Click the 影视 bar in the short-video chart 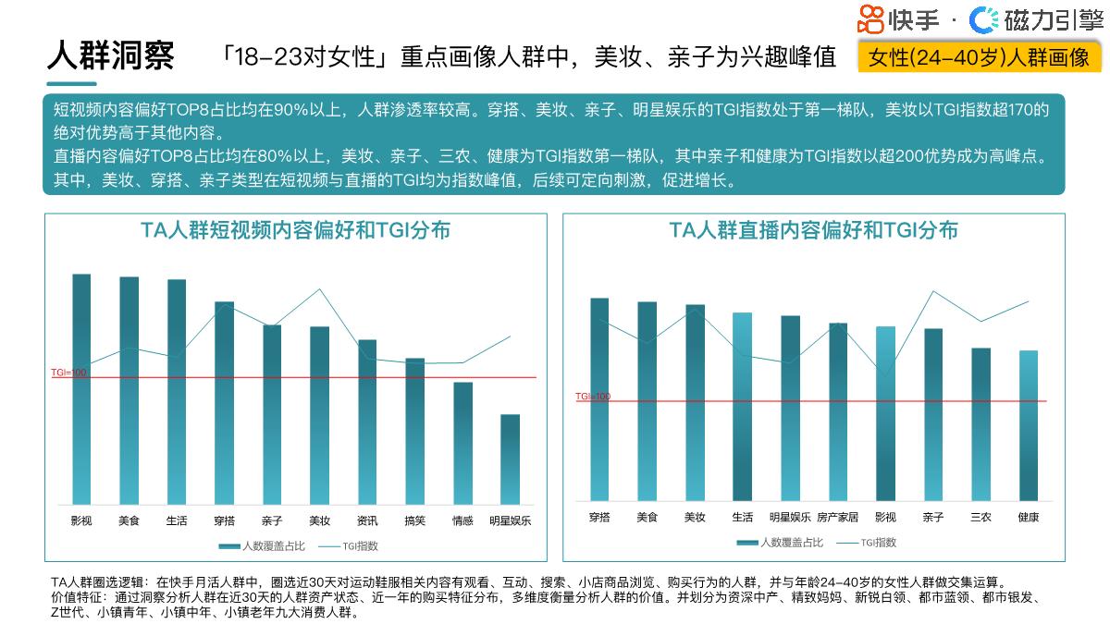coord(81,388)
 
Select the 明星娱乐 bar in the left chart coord(510,459)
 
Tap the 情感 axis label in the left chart coord(462,520)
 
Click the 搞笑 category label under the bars coord(415,520)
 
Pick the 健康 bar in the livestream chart coord(1028,425)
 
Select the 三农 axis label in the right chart coord(980,517)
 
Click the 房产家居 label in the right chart coord(837,517)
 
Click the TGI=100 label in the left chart coord(68,373)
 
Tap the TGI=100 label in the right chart coord(593,397)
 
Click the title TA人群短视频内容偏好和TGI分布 coord(295,230)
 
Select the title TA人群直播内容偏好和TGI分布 coord(813,230)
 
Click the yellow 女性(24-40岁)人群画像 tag coord(979,57)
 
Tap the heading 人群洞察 coord(111,55)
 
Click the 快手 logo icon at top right coord(871,18)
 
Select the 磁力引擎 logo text coord(1043,19)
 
